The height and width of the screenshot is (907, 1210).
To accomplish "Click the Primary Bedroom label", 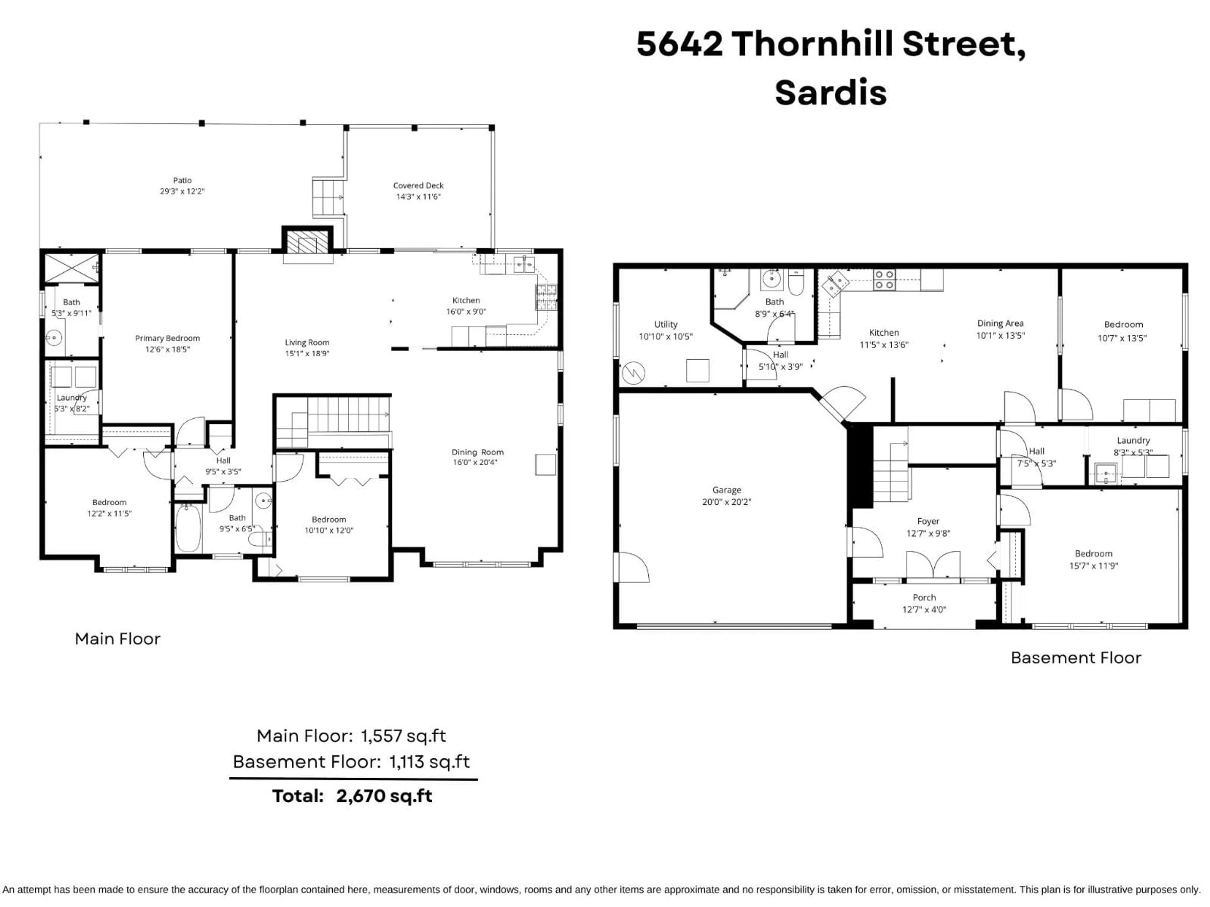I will pyautogui.click(x=167, y=339).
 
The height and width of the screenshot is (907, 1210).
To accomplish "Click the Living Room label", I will pyautogui.click(x=307, y=342).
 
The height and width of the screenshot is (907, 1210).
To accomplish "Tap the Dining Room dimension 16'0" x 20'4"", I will pyautogui.click(x=475, y=463).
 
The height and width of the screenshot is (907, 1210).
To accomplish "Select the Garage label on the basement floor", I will pyautogui.click(x=726, y=490).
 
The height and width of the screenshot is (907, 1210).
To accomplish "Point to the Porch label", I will pyautogui.click(x=924, y=597).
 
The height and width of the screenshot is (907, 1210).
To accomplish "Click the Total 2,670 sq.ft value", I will pyautogui.click(x=384, y=796).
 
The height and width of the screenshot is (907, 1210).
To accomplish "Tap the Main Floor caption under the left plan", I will pyautogui.click(x=118, y=639).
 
